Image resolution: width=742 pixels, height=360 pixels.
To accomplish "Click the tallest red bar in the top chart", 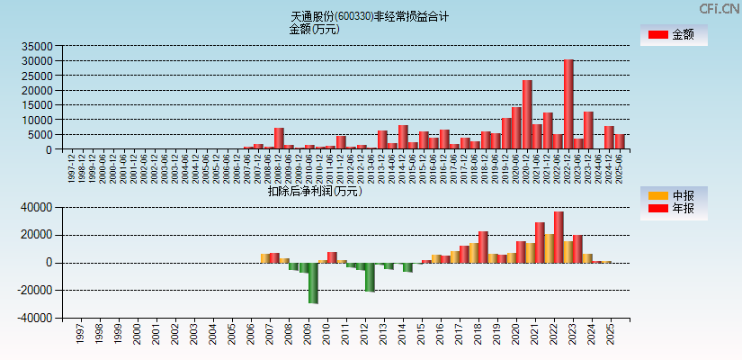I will coord(568,104).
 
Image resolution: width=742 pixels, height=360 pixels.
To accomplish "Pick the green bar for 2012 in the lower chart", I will coord(370,277).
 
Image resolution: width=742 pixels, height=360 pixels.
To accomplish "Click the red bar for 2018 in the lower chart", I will coord(483,247).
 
